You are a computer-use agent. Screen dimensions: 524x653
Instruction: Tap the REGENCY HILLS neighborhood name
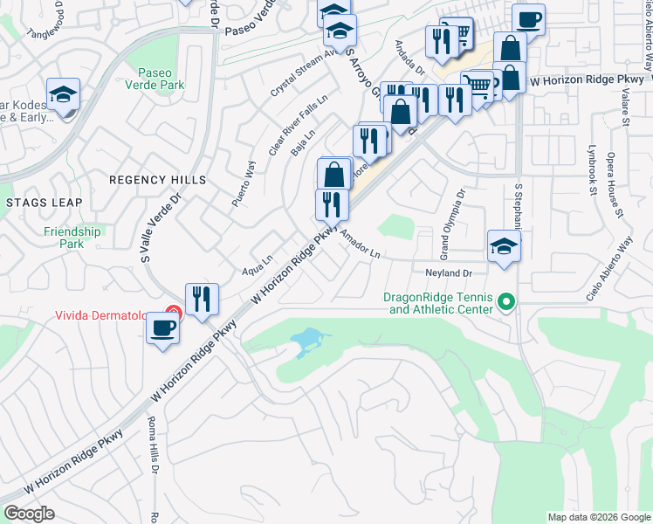pyautogui.click(x=157, y=179)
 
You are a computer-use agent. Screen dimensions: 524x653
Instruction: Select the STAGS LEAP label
pyautogui.click(x=43, y=203)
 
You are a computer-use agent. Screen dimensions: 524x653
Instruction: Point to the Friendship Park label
pyautogui.click(x=73, y=238)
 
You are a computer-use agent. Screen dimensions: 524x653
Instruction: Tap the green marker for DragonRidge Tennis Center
pyautogui.click(x=505, y=303)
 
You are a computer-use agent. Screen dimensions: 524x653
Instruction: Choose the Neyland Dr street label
pyautogui.click(x=449, y=273)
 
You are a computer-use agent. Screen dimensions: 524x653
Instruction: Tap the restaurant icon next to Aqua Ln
pyautogui.click(x=202, y=299)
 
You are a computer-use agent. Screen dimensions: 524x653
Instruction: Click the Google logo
pyautogui.click(x=29, y=514)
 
